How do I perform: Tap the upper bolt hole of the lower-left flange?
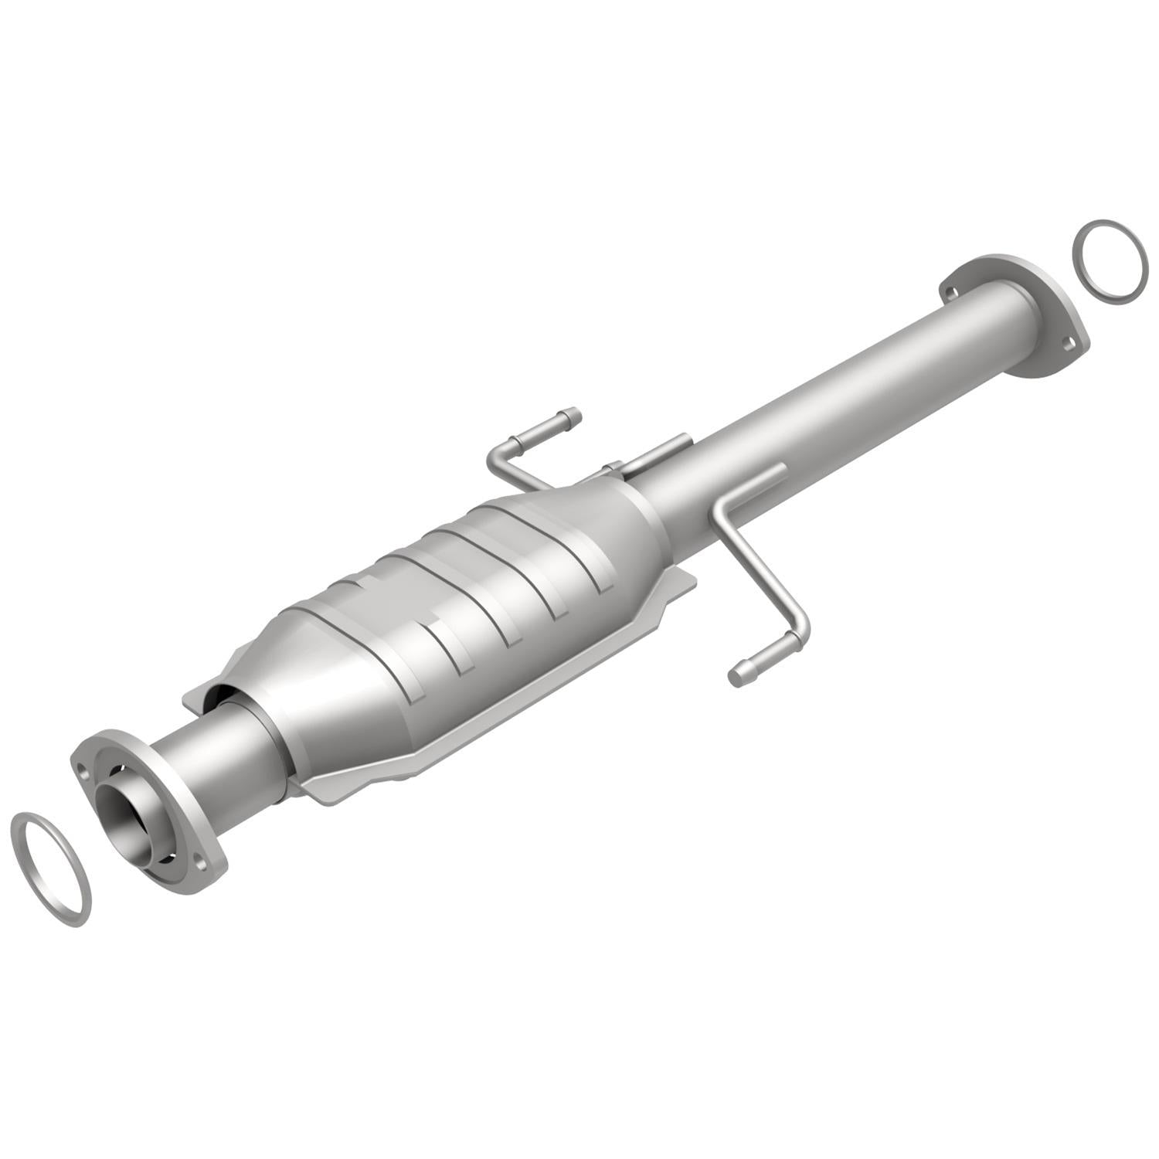click(80, 761)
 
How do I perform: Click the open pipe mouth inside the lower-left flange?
click(131, 827)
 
